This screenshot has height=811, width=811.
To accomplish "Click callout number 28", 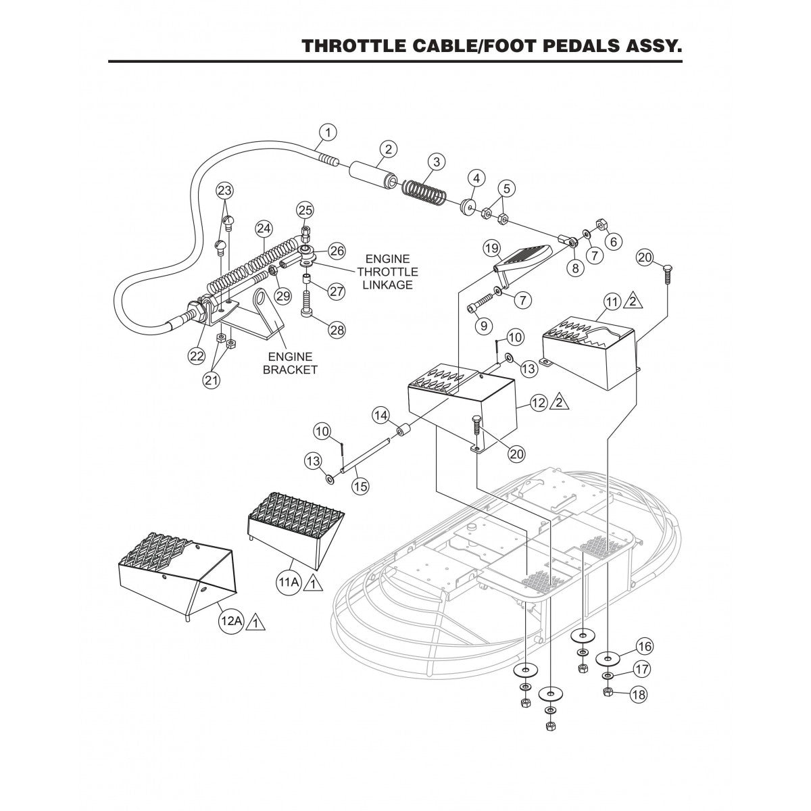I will [337, 330].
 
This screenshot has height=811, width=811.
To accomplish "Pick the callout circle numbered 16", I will [645, 647].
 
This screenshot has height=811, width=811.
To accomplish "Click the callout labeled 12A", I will [230, 621].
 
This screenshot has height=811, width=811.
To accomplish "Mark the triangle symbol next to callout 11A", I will [312, 582].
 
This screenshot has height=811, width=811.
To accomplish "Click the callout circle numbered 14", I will [381, 414].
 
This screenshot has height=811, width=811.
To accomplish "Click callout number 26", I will [336, 251].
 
